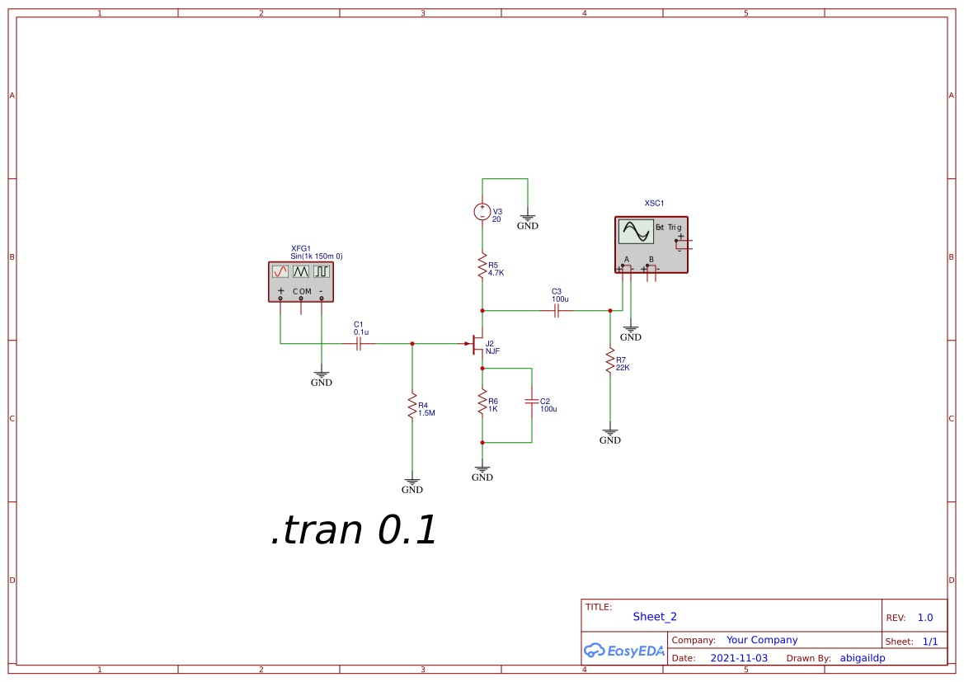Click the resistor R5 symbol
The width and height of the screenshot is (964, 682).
(x=482, y=266)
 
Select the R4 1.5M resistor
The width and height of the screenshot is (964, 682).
(x=412, y=407)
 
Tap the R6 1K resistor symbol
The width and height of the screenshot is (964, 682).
(x=482, y=403)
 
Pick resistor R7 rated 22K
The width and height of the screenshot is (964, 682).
(x=610, y=360)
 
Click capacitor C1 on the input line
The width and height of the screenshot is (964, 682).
(x=359, y=343)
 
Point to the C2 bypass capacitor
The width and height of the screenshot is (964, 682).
(x=532, y=402)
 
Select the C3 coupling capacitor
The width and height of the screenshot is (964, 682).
(x=557, y=311)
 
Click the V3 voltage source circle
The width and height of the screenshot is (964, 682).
(x=482, y=213)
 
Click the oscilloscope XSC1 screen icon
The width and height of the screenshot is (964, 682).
(x=637, y=232)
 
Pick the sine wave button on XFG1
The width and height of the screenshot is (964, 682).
(x=280, y=270)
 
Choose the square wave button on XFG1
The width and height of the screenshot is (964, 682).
(x=321, y=270)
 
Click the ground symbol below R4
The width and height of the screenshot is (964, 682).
(x=412, y=483)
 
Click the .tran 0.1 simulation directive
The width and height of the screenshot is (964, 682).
(x=354, y=530)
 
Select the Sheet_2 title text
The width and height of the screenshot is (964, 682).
(x=655, y=617)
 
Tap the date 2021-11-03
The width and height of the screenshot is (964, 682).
(x=739, y=658)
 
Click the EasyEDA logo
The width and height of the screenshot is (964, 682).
(x=624, y=651)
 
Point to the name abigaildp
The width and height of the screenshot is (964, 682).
(x=863, y=658)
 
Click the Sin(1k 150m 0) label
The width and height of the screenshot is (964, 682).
(x=317, y=256)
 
